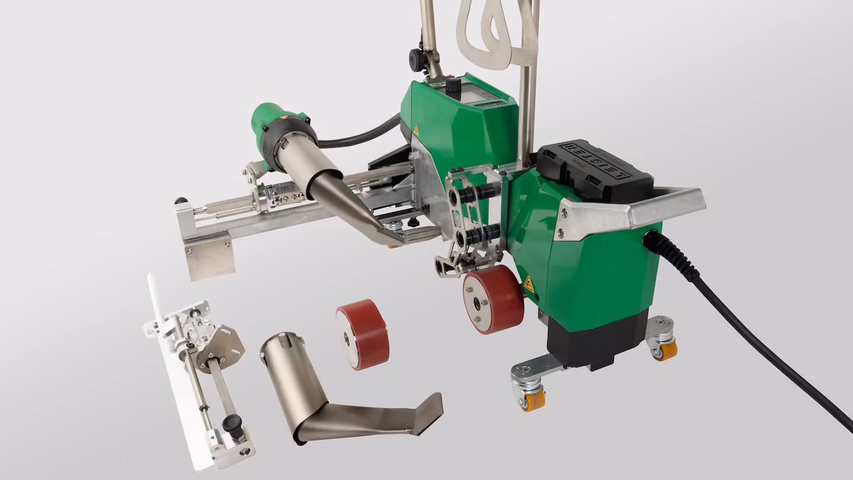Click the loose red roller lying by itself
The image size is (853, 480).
362,334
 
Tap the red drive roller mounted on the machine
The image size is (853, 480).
493,299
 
